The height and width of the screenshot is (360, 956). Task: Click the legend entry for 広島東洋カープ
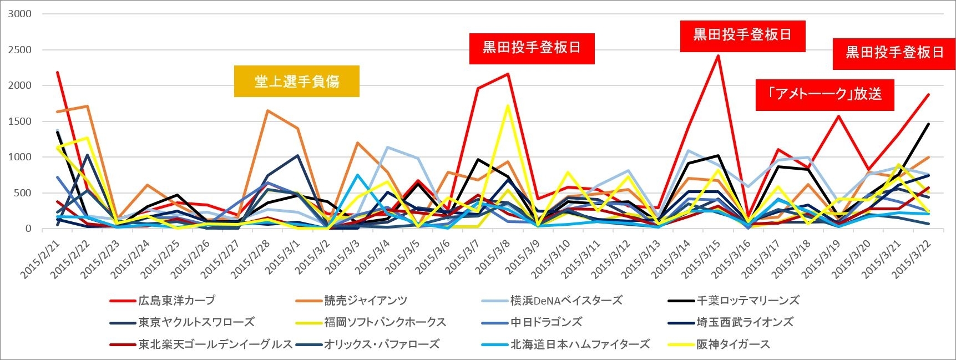(176, 301)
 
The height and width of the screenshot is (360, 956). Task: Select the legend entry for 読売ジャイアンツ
(366, 301)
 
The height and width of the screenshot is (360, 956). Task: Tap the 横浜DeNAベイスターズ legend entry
(566, 301)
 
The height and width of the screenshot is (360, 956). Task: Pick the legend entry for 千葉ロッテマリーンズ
(748, 301)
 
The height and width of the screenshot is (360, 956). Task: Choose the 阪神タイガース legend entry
(733, 344)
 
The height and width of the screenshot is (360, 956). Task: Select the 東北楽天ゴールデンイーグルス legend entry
(215, 344)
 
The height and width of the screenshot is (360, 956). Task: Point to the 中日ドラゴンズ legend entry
(546, 322)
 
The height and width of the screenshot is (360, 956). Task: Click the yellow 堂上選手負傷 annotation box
(296, 82)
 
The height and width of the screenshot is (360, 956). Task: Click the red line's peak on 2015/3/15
(718, 55)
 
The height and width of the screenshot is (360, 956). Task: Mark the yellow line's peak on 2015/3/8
(508, 106)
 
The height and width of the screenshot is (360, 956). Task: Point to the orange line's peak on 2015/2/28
(267, 110)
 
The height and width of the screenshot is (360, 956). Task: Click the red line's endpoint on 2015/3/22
(929, 94)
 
